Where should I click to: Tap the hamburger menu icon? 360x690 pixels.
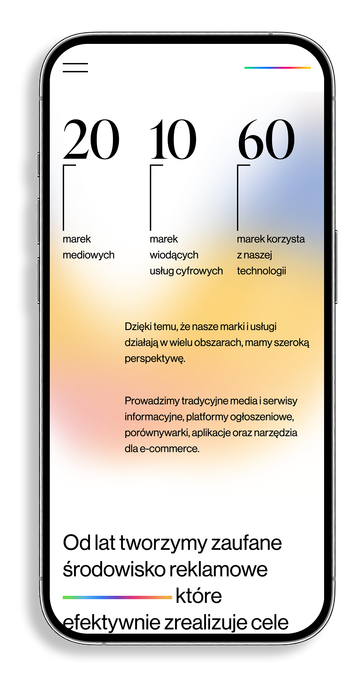click(x=75, y=68)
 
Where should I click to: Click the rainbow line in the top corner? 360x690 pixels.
click(x=278, y=68)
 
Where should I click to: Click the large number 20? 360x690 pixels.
click(x=90, y=141)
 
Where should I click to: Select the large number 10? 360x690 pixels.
click(x=173, y=141)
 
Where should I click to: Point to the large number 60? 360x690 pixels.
click(x=266, y=141)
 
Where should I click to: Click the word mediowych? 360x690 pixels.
click(x=88, y=255)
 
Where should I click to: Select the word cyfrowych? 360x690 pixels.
click(x=200, y=271)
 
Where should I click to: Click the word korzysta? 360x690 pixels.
click(x=285, y=240)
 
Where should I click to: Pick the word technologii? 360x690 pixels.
click(x=262, y=271)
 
